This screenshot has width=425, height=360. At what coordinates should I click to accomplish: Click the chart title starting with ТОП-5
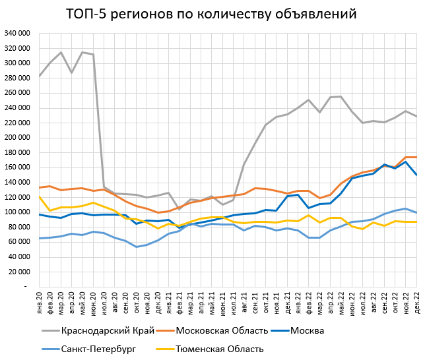click(212, 14)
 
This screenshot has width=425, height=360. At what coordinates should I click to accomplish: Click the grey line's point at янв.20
click(40, 76)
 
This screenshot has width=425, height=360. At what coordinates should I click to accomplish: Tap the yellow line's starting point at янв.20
click(40, 196)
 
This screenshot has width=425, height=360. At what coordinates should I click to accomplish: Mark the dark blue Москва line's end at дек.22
click(416, 175)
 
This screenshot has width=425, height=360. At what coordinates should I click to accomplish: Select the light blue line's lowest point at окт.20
click(137, 247)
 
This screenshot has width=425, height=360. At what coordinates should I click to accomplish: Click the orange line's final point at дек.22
click(416, 157)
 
